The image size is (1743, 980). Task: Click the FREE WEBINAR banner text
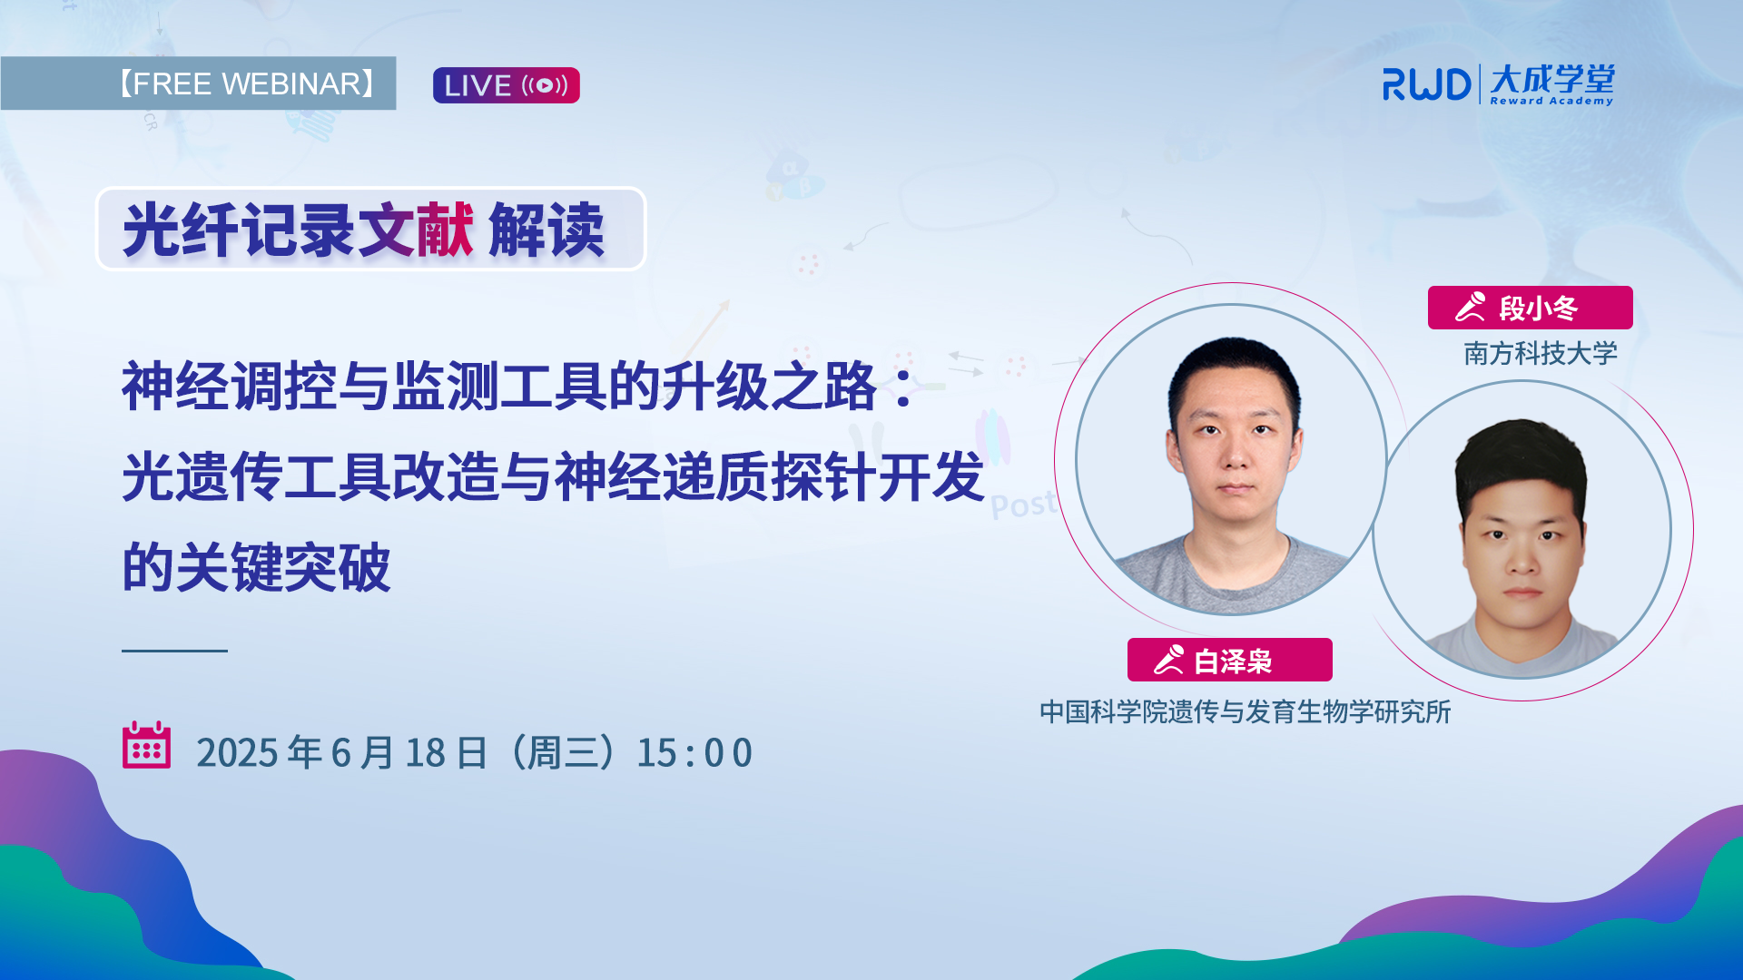click(x=245, y=83)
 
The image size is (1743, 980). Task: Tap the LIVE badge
click(x=506, y=85)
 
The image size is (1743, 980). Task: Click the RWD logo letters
click(x=1426, y=84)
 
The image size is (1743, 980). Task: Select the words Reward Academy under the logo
click(x=1551, y=101)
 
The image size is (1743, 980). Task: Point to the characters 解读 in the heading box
click(x=546, y=230)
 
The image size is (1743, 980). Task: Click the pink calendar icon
click(x=146, y=745)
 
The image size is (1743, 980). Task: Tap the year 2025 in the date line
click(x=237, y=753)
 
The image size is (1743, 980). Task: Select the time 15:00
click(x=694, y=753)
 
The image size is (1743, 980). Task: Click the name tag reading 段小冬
click(x=1530, y=308)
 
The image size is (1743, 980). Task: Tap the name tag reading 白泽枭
click(x=1229, y=660)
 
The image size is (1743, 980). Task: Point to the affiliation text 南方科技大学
click(x=1541, y=353)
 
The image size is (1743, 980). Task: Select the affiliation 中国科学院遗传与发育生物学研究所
click(x=1246, y=711)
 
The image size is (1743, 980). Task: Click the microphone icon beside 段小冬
click(x=1471, y=307)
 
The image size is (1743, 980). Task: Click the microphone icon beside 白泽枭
click(x=1169, y=659)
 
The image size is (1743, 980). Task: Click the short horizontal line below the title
click(x=174, y=651)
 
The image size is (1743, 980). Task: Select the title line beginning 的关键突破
click(x=256, y=567)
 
